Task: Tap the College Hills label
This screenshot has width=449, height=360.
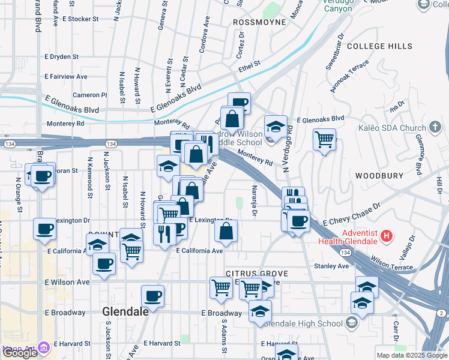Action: tap(380, 46)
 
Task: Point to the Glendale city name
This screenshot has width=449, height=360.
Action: tap(125, 312)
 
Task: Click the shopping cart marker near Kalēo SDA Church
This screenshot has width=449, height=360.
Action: tap(324, 139)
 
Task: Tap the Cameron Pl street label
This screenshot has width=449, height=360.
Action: tap(89, 95)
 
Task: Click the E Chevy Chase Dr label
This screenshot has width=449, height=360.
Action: tap(352, 214)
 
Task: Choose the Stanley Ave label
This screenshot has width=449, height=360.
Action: tap(334, 266)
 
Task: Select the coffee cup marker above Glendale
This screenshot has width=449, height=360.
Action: tap(153, 296)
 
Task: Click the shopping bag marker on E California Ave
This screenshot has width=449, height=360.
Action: tap(226, 230)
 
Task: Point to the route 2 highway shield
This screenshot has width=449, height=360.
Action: tap(441, 313)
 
